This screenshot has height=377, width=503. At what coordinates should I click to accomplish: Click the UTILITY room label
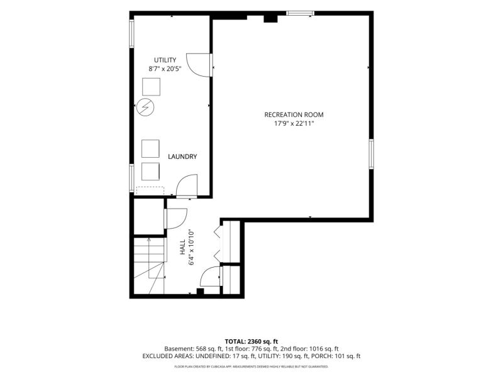coord(165,60)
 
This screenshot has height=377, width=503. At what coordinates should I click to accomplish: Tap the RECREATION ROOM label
coord(294,114)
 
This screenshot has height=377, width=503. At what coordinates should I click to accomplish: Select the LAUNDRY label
coord(182,156)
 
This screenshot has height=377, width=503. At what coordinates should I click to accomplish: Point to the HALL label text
coord(182,247)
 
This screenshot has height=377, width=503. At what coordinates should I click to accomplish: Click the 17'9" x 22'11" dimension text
coord(294,123)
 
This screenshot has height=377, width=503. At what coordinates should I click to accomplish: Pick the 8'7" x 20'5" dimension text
coord(165,68)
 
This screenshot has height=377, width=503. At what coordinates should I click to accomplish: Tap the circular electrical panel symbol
coord(145,107)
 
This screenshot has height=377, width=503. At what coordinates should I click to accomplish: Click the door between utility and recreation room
coord(199,65)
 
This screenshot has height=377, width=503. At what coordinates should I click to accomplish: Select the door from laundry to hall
coord(186,186)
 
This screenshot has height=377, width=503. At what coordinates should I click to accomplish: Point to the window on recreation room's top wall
coord(301,13)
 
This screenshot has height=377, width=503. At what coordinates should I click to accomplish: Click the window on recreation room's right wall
coord(371,154)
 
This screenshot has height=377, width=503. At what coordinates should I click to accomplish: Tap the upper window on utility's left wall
coord(131,34)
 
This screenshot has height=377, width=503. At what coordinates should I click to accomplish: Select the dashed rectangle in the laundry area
coord(150,191)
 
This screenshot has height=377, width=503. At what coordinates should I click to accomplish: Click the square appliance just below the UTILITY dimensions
coord(151,87)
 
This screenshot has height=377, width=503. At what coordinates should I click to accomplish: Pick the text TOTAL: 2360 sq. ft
coord(251,341)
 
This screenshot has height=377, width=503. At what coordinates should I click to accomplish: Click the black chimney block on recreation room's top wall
coord(270,18)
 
